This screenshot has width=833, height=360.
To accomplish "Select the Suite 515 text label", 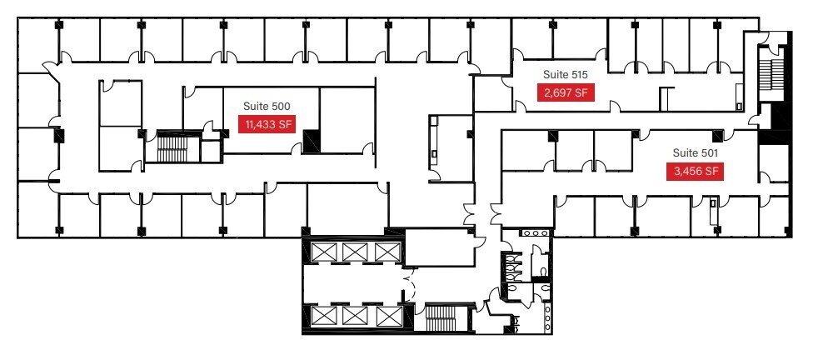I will pyautogui.click(x=565, y=75).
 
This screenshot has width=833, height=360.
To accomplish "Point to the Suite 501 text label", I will pyautogui.click(x=695, y=153).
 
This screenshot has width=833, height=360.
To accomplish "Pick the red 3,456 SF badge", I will pyautogui.click(x=694, y=172).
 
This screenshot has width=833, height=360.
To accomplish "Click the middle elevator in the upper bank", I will pyautogui.click(x=356, y=251).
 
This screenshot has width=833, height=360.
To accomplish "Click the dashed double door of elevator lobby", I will pyautogui.click(x=408, y=283).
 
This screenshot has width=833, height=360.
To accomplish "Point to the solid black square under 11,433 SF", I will pyautogui.click(x=312, y=142).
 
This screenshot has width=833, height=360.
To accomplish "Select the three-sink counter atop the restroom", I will pyautogui.click(x=533, y=234).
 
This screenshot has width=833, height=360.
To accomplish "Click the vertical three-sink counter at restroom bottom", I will pyautogui.click(x=547, y=316).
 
